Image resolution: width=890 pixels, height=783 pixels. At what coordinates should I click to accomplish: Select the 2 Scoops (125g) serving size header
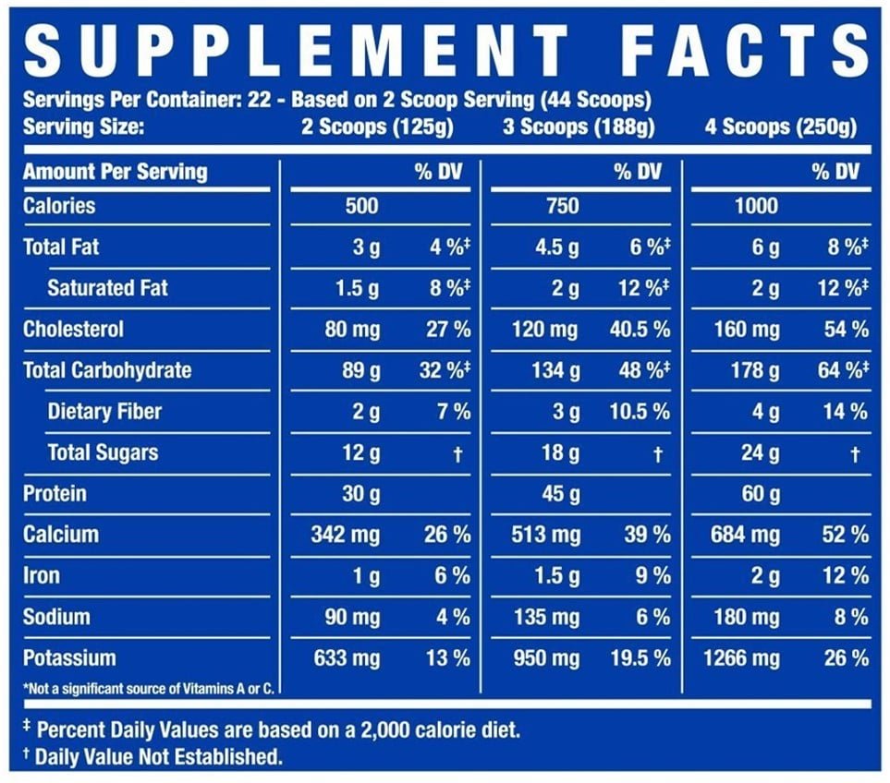(x=378, y=127)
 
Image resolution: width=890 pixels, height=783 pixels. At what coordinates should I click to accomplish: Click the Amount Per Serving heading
(x=115, y=172)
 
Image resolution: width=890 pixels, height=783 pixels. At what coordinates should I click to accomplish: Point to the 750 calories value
(x=562, y=206)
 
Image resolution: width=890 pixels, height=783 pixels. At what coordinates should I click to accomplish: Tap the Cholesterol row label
(x=73, y=330)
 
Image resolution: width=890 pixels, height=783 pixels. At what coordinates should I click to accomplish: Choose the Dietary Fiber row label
(x=104, y=412)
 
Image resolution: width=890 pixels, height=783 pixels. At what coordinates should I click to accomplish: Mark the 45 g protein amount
(x=561, y=495)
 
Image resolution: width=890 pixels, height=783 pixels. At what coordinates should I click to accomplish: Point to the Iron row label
(x=42, y=576)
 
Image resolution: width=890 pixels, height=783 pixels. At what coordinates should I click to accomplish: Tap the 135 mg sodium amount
(x=546, y=618)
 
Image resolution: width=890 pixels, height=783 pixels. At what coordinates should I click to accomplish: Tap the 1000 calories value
(x=756, y=206)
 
